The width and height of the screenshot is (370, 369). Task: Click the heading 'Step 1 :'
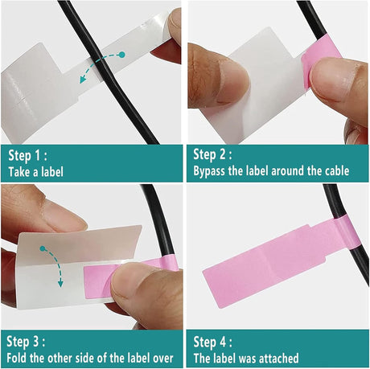(27, 155)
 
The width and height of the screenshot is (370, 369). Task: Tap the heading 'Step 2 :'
(212, 154)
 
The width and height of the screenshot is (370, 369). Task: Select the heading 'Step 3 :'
(26, 342)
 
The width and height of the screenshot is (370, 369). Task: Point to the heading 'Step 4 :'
(213, 342)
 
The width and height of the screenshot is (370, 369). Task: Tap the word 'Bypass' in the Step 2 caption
(209, 171)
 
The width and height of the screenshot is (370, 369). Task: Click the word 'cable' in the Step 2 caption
(337, 170)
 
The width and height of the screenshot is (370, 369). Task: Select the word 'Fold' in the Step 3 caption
(17, 358)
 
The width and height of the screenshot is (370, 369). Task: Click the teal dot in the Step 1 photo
(121, 55)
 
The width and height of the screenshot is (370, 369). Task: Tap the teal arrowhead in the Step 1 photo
(84, 79)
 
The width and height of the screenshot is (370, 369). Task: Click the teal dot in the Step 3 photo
(43, 248)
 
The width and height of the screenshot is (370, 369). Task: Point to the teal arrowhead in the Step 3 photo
(60, 283)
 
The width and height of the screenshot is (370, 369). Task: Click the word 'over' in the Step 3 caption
(162, 359)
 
